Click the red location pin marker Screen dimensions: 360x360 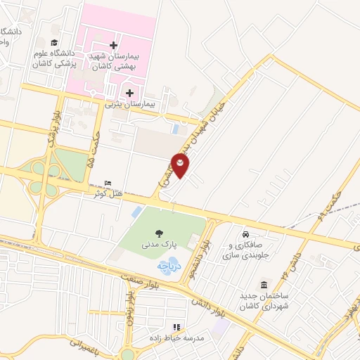(x=181, y=166)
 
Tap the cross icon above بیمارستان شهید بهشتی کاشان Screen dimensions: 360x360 (x=113, y=45)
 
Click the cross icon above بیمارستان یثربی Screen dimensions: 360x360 (x=129, y=92)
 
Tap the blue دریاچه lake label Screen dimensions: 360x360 (x=169, y=266)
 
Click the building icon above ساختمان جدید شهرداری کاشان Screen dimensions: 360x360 (x=263, y=285)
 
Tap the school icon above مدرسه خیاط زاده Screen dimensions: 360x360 (x=176, y=327)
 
